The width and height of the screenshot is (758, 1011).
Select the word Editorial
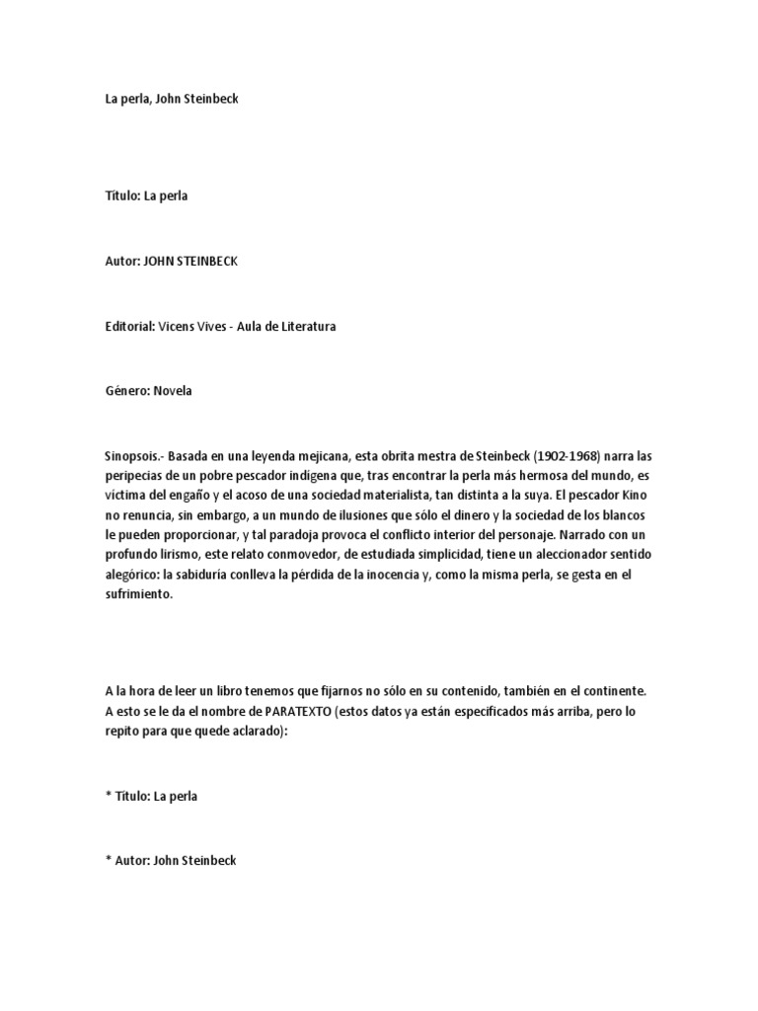[128, 326]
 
